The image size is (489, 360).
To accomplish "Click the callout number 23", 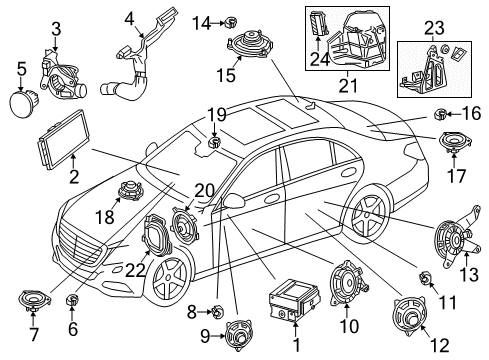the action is (434, 28).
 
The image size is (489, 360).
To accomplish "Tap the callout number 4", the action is (130, 19).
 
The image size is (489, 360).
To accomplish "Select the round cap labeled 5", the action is (22, 102).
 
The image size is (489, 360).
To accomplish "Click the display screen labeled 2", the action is (62, 138).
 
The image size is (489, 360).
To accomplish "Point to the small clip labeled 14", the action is (231, 22).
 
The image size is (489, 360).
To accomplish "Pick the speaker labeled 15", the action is (250, 44).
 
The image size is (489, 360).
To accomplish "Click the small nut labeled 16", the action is (440, 115).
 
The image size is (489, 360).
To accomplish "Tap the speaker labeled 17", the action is (454, 142).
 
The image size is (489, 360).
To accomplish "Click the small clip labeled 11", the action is (425, 278).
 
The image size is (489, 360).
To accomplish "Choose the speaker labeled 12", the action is (410, 315).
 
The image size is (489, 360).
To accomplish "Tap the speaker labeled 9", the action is (238, 336).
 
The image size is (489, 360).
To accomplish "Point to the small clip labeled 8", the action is (216, 312).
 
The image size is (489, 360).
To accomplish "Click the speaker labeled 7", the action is (34, 300).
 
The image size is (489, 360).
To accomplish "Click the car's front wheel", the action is (168, 282).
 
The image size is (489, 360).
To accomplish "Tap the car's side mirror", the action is (235, 200).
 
